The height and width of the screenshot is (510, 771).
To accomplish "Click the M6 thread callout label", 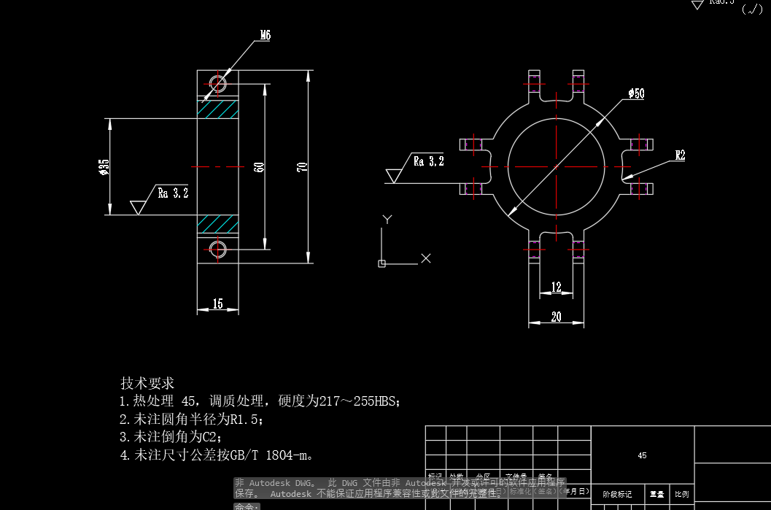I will pos(266,35).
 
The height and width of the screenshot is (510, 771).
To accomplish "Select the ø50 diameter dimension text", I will pos(636,93).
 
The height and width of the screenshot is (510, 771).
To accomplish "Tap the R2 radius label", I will pos(680,155).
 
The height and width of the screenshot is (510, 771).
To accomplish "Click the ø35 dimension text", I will pos(104,167).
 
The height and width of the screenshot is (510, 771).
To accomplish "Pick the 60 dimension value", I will pos(259,167).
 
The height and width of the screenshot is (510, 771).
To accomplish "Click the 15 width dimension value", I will pos(217,304).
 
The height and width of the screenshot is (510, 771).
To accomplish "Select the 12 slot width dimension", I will pos(557,287).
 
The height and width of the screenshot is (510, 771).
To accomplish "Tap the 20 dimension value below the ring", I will pos(557,317).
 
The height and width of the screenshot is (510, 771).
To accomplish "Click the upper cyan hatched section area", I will pos(217,109).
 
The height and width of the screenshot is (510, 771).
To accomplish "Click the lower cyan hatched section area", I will pos(217,224).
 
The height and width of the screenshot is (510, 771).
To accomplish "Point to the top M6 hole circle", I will pos(217,82).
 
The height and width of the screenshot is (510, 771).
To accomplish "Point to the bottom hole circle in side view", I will pos(217,249).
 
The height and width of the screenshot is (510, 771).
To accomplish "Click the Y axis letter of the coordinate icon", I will pos(388,219).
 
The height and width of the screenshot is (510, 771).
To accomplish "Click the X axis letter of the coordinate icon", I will pos(427,258).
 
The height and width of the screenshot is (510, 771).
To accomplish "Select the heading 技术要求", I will pos(147,383).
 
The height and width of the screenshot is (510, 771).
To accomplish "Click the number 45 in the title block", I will pos(642,455).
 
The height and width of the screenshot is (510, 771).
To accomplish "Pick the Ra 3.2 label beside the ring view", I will pos(428,161).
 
